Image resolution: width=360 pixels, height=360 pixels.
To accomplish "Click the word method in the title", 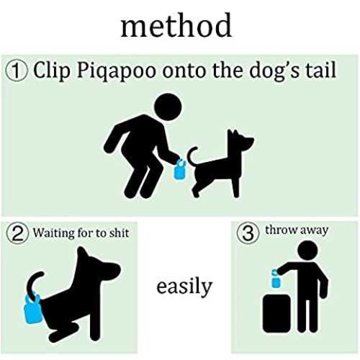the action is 176,25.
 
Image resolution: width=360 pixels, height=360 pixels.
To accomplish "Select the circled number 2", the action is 17,233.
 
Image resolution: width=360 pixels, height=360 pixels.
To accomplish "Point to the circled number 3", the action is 248,233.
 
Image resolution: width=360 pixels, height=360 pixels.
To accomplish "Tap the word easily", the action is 184,287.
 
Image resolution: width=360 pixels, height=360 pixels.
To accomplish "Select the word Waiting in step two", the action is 53,233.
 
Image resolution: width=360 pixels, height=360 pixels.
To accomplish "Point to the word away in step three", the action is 314,231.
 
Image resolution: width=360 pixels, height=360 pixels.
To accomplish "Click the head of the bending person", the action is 168,107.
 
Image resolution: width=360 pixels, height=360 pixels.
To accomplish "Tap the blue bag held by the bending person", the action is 179,169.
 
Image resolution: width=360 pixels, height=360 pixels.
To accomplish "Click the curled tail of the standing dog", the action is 192,156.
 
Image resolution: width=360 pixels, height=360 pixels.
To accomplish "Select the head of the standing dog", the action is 240,140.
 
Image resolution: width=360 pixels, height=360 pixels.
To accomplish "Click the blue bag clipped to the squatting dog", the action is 33,310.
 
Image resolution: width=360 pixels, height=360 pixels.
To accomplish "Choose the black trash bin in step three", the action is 276,313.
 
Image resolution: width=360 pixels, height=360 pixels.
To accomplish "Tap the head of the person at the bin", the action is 307,251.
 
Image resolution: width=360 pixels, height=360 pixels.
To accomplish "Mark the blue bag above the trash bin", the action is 276,279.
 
